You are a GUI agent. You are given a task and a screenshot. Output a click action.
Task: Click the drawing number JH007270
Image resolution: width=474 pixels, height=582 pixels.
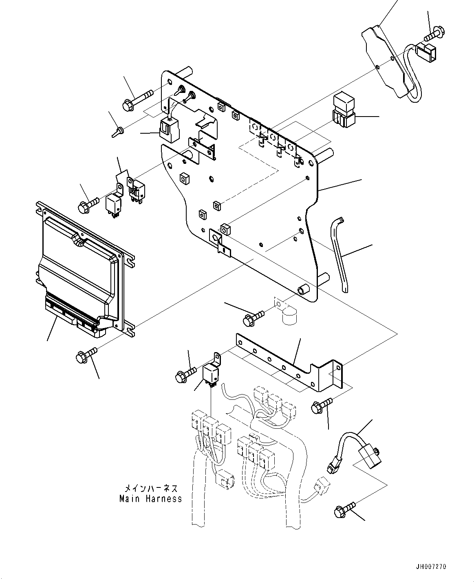coord(431,567)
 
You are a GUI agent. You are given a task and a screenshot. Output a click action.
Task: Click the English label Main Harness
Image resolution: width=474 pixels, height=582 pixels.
coord(150,498)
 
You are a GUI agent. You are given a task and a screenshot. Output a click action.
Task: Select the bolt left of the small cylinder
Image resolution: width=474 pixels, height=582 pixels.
coord(252,318)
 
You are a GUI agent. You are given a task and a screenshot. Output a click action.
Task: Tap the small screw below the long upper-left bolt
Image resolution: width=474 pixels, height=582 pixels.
coord(117,132)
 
